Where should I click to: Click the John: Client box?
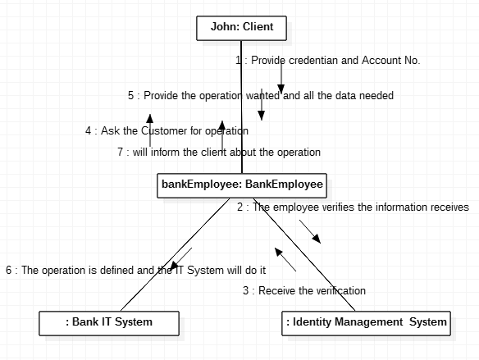[241, 28]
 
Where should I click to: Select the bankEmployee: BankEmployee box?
[242, 185]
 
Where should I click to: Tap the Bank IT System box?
[109, 323]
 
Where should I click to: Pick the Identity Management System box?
[366, 323]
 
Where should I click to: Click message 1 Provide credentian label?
[328, 60]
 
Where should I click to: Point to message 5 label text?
[261, 96]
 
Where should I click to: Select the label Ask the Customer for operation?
[167, 131]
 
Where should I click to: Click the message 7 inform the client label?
[219, 152]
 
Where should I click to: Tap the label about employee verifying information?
[353, 207]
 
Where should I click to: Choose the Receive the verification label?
[304, 290]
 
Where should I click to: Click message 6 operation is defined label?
[136, 271]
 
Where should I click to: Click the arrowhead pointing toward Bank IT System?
[174, 266]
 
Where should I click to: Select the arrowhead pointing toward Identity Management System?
[317, 239]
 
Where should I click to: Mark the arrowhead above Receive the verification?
[279, 252]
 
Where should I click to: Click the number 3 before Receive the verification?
[245, 290]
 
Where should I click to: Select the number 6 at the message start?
[9, 271]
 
